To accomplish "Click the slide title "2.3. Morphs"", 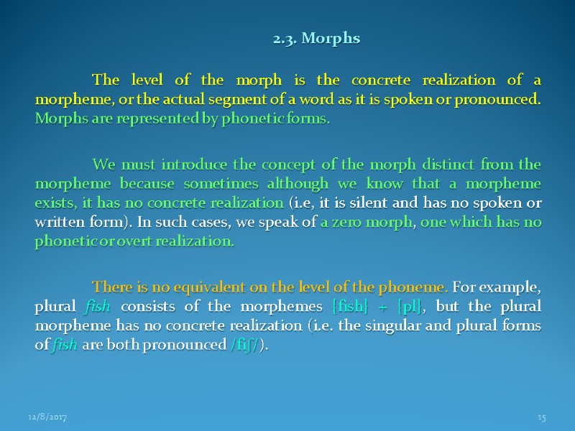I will point(316,38).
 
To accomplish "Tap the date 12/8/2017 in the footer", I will point(47,417).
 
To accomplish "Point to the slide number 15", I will point(541,417).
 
